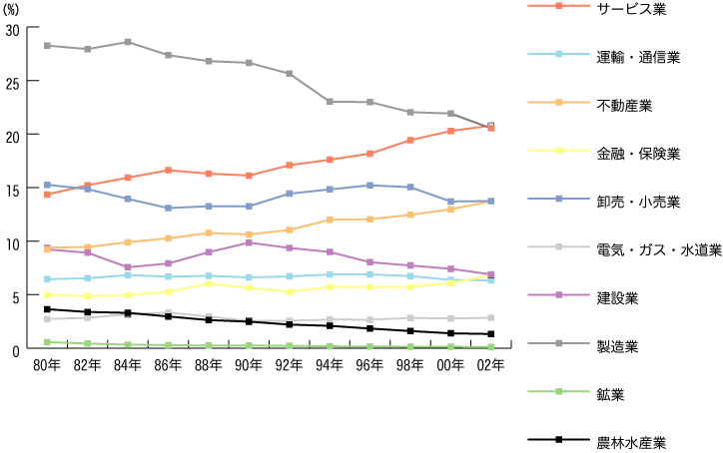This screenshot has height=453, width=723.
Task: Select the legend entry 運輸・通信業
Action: [x=638, y=57]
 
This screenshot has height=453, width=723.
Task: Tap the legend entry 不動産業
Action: [x=624, y=105]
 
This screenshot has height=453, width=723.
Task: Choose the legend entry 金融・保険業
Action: [x=638, y=154]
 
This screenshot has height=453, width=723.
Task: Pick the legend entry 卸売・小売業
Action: [x=638, y=203]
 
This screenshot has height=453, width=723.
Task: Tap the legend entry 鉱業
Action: [x=610, y=395]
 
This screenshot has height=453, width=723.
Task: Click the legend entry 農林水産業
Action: [x=631, y=443]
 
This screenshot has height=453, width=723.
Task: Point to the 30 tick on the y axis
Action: [x=13, y=29]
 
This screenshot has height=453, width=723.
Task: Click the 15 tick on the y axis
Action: [x=13, y=190]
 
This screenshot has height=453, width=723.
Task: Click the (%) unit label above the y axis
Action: [x=15, y=8]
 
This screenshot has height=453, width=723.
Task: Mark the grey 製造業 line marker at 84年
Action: [x=128, y=42]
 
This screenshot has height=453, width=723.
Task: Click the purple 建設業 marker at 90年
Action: [x=249, y=242]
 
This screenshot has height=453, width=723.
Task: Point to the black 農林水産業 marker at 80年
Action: [x=47, y=309]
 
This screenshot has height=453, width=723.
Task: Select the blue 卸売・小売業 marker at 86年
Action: [x=168, y=209]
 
